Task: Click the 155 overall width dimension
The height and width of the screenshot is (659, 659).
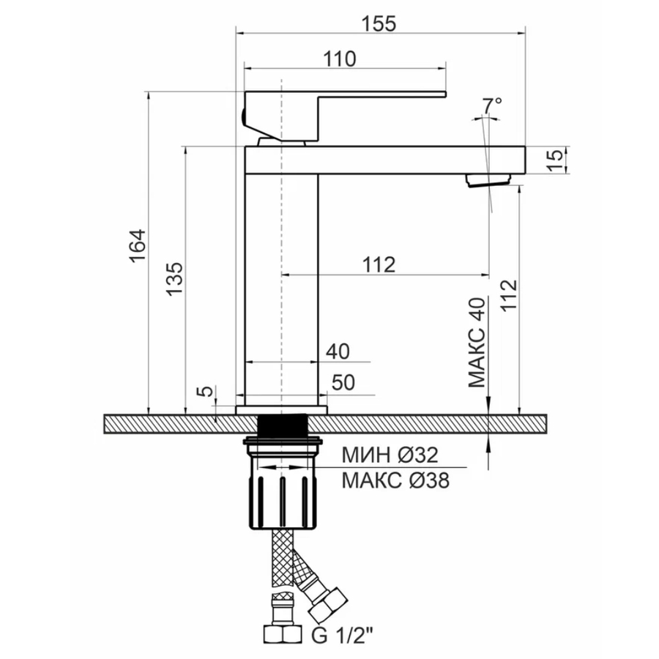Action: (379, 23)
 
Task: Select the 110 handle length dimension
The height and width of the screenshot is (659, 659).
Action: (339, 59)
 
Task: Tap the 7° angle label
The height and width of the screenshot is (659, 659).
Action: (492, 105)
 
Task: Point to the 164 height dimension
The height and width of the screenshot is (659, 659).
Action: (138, 246)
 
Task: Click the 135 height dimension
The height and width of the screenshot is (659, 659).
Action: (175, 280)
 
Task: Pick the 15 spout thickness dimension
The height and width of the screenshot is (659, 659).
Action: (555, 160)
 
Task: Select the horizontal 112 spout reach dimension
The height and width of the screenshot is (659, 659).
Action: (379, 265)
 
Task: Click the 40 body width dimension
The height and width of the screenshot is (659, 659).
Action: (338, 351)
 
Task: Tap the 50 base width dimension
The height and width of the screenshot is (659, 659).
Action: (343, 383)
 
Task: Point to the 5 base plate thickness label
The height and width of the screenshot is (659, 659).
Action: (206, 391)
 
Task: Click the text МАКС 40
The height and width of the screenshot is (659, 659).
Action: (477, 343)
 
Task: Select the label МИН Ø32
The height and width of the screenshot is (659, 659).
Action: (390, 455)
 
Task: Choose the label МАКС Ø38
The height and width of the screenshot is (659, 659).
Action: (395, 480)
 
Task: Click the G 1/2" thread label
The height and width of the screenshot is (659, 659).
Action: (342, 635)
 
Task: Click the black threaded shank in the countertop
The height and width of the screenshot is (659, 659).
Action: (282, 425)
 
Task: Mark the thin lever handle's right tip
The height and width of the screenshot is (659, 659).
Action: (445, 94)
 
